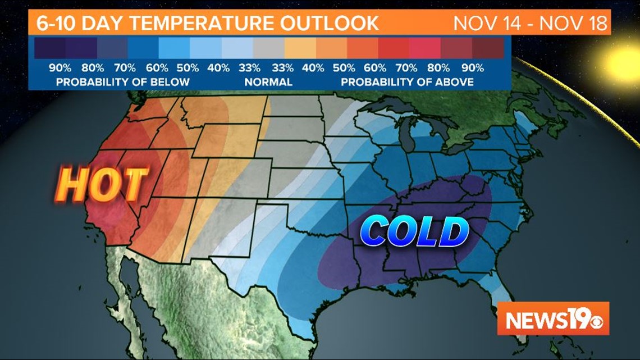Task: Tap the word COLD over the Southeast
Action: (414, 232)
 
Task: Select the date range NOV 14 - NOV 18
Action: (531, 24)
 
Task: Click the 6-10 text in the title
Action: (54, 24)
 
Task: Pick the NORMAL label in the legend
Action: (268, 82)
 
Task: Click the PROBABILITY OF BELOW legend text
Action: (122, 82)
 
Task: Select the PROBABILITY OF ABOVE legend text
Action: (407, 82)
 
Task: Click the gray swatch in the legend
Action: (268, 47)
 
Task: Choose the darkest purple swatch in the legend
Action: (49, 47)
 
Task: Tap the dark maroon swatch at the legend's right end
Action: (487, 47)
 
